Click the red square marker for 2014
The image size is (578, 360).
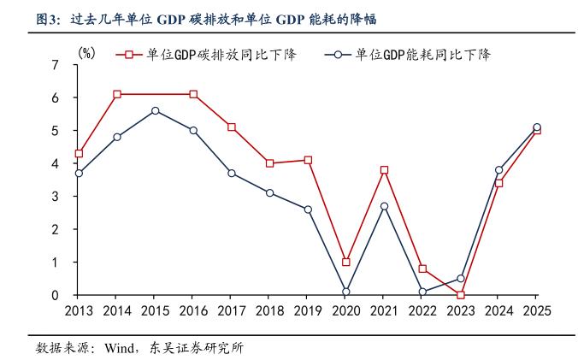[x=116, y=94]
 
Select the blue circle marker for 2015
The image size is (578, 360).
[x=155, y=110]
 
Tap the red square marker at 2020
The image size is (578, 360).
[x=346, y=262]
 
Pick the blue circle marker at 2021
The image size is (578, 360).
[x=384, y=206]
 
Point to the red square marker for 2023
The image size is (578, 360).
[x=461, y=295]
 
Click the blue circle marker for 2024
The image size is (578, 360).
[x=498, y=170]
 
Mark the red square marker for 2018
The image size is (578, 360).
[x=269, y=163]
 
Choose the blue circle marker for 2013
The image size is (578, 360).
[x=79, y=173]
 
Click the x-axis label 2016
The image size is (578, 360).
[x=193, y=311]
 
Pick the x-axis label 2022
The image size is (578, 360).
[x=422, y=311]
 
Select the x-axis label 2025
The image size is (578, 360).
[x=536, y=311]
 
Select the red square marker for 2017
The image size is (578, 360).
[x=232, y=127]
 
